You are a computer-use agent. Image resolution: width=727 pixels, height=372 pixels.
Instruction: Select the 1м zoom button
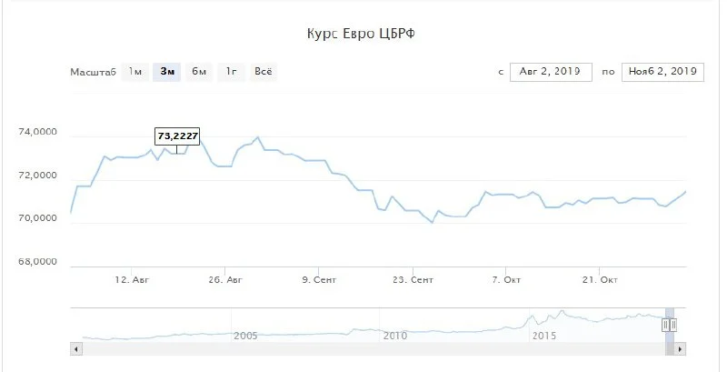(134, 72)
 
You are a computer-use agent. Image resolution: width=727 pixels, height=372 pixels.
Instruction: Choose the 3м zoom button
(167, 72)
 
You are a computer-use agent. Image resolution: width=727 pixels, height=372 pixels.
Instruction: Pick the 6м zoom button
(199, 72)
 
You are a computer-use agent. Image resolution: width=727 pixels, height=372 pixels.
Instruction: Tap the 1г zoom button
(232, 72)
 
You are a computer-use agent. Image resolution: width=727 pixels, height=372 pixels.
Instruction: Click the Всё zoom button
(264, 72)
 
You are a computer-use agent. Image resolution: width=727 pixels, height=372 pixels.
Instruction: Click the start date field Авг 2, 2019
(551, 72)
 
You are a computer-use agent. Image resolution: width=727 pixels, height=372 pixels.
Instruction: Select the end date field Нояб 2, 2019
(662, 72)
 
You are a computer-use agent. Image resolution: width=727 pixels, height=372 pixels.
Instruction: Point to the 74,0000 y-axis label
(38, 133)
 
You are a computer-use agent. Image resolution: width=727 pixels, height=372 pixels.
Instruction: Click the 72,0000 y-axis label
(38, 176)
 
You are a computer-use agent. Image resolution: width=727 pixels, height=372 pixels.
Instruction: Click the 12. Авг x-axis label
(133, 280)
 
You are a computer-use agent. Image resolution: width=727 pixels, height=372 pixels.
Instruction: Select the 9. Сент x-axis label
(318, 280)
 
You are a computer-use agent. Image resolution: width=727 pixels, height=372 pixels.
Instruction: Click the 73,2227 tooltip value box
(176, 136)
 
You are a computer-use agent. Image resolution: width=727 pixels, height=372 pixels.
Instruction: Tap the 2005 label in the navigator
(245, 336)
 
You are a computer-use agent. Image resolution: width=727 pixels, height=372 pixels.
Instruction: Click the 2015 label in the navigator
(543, 336)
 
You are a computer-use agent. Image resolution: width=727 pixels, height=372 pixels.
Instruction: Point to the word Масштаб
(93, 72)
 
